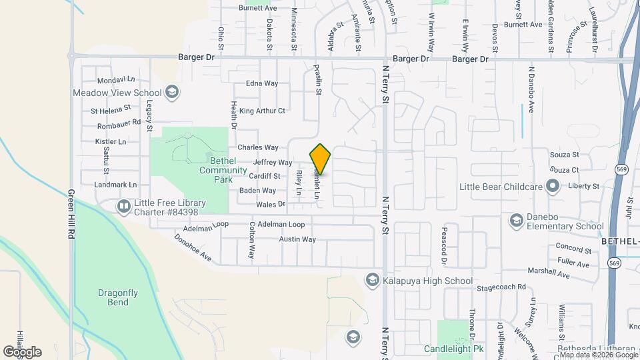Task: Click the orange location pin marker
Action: (320, 159)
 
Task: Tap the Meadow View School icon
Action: (172, 93)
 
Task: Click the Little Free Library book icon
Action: (123, 207)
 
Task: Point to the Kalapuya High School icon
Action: (372, 280)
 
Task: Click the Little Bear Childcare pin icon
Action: (552, 186)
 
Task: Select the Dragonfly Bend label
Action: (108, 297)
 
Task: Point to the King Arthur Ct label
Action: (262, 111)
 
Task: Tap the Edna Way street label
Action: (262, 83)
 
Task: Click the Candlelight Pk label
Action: (453, 349)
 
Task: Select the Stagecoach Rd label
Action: (501, 287)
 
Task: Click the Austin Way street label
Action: (297, 239)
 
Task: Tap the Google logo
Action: (22, 351)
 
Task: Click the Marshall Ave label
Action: (549, 273)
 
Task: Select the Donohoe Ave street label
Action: (193, 247)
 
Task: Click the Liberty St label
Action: (581, 186)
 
